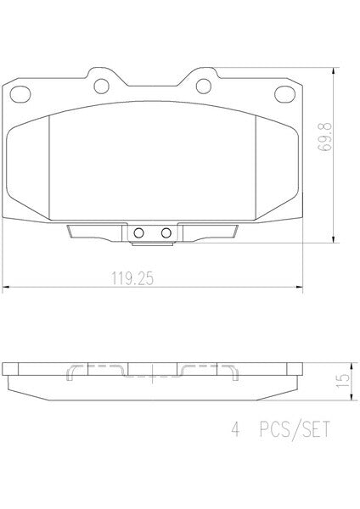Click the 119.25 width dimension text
pos(132,278)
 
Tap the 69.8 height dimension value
pos(324,137)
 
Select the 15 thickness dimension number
pos(343,381)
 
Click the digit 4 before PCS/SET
pos(235,429)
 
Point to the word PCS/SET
pos(295,430)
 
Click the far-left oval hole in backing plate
pos(20,94)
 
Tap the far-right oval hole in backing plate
pos(284,94)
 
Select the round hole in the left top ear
pos(101,86)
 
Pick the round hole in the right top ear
pos(204,86)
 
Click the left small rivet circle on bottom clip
pos(138,232)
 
